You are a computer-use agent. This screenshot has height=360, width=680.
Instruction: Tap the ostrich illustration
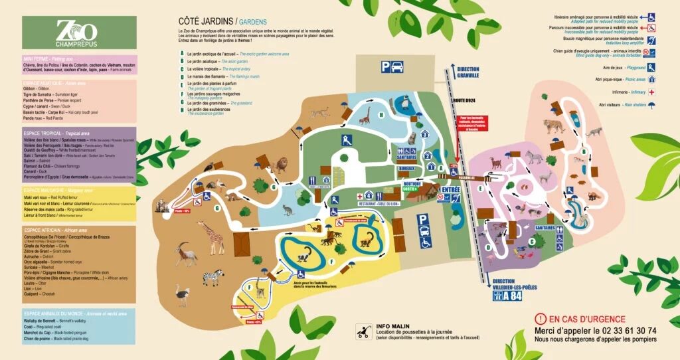[183, 294]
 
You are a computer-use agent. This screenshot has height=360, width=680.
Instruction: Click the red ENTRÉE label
[451, 190]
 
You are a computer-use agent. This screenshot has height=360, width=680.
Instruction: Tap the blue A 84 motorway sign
[508, 297]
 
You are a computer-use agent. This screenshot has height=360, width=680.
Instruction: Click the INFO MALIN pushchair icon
[363, 330]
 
